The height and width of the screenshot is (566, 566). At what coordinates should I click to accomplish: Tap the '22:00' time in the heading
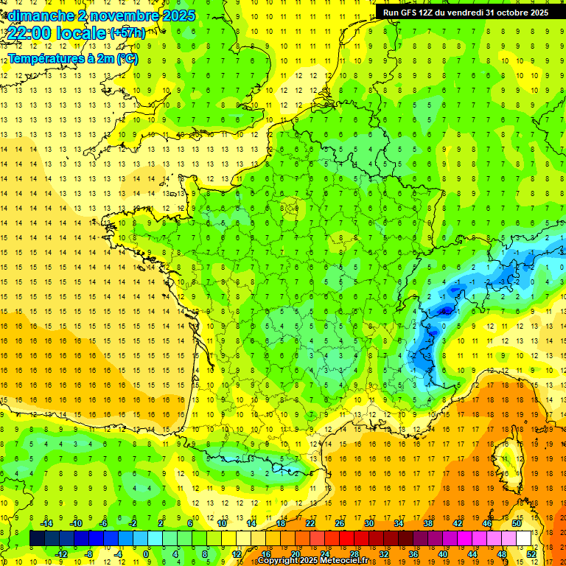coord(27,33)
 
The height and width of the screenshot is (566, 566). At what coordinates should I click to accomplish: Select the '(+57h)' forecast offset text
coord(127,32)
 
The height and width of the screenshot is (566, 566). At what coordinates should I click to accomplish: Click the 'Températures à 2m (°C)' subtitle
coord(72,58)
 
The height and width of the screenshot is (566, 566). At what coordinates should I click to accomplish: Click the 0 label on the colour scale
coord(147,554)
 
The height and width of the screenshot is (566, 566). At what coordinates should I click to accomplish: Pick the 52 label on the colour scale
coord(531,554)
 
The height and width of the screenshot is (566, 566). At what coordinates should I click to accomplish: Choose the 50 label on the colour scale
coord(516,523)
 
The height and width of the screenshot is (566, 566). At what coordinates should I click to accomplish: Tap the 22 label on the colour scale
coord(310,523)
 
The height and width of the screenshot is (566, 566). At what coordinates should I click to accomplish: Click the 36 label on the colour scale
coord(413,554)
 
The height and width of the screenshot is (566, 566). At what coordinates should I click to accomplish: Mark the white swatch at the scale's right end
coord(523,539)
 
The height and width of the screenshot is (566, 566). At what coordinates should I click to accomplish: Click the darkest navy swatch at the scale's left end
coord(37,539)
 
